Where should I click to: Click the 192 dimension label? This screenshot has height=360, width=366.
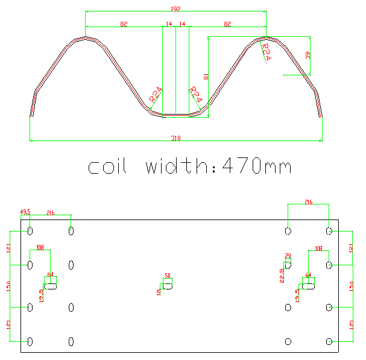coord(176,9)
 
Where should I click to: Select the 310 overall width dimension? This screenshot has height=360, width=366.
coord(175,139)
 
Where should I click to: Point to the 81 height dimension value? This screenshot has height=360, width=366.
coord(206,77)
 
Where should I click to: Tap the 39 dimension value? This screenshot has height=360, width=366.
coord(308,55)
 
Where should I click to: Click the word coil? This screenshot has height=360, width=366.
coord(107,166)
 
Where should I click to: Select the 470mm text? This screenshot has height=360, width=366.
coord(257,166)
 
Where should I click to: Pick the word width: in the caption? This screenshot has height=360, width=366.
coord(178,166)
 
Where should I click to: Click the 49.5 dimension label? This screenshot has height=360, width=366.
coord(25,212)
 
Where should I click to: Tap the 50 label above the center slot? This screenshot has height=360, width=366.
coord(168,276)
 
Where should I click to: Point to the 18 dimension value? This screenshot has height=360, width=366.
coord(159,292)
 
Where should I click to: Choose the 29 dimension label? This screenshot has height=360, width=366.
coord(288,256)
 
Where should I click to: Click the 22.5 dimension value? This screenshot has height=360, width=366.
coord(281,276)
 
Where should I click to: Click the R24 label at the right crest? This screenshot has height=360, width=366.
coord(265,51)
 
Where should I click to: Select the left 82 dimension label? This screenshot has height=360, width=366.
coord(124,24)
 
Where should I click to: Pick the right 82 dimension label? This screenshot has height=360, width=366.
coord(227,24)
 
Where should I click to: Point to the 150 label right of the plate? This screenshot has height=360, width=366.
coord(352,286)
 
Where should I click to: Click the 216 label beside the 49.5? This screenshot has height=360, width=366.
coord(51,213)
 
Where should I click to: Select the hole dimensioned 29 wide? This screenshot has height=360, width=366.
coord(288,265)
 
